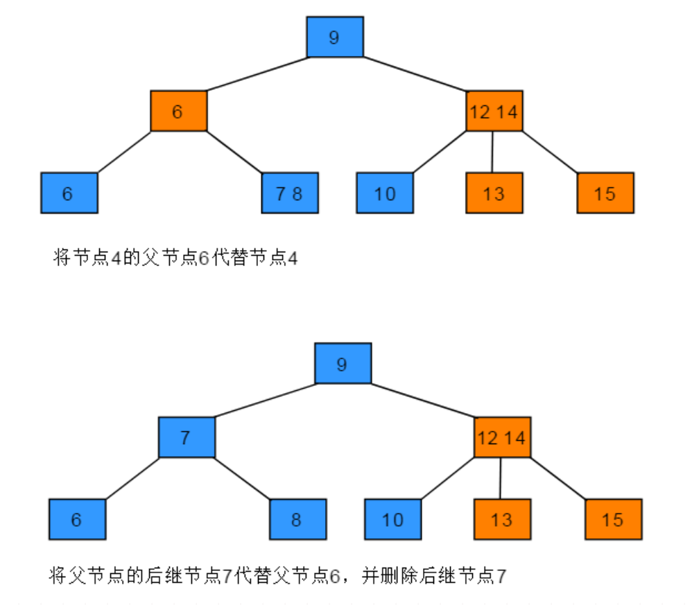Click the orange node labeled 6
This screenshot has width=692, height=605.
coord(179,111)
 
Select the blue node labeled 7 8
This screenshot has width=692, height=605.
coord(289,193)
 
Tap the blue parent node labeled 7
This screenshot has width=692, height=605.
coord(186,437)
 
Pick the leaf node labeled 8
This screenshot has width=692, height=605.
coord(297,520)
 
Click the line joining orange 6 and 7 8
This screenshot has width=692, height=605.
coord(234,152)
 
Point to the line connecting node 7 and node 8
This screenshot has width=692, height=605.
coord(242,478)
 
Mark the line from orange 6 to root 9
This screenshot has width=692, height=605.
coord(257,74)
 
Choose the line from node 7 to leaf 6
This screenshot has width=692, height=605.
coord(132,478)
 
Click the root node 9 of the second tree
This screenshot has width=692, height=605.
coord(343,364)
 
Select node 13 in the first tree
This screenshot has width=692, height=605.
coord(493,193)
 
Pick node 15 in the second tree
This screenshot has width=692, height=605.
coord(613,520)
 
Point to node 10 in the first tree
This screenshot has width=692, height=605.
coord(385,193)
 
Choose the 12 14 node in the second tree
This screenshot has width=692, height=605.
coord(502,437)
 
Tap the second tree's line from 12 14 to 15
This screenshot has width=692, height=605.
coord(558,478)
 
